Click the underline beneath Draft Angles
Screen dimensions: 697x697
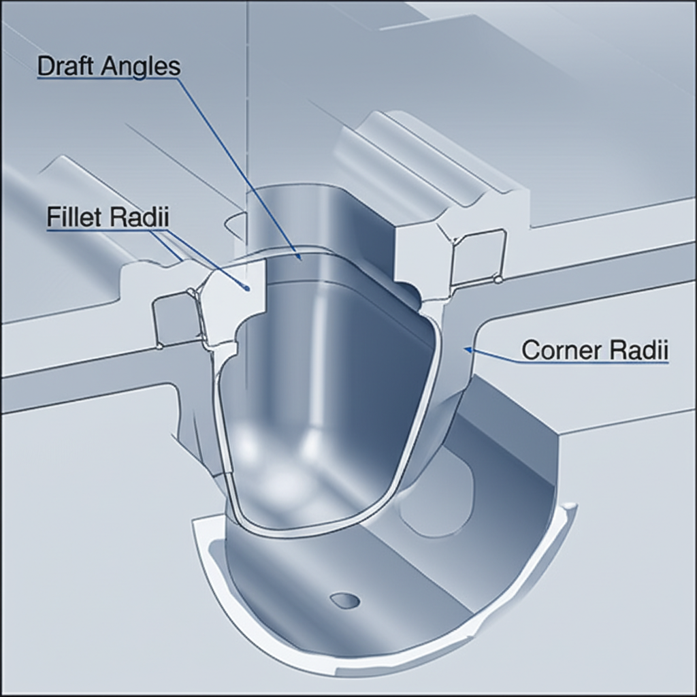coord(109,80)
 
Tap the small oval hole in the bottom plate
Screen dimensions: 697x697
coord(344,600)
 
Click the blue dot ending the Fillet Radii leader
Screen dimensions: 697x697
coord(246,289)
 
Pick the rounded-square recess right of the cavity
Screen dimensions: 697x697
coord(480,256)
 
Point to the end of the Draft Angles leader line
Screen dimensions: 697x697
coord(297,257)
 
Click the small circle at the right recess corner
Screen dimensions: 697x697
coord(499,279)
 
